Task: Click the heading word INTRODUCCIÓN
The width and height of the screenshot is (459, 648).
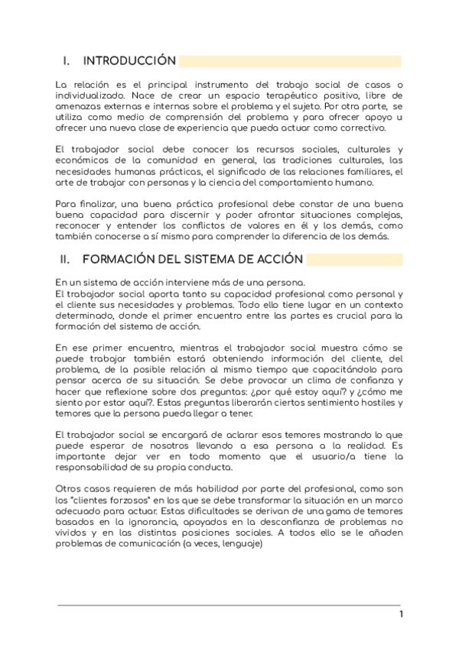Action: (x=129, y=61)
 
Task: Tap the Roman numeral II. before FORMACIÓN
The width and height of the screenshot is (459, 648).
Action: (x=67, y=259)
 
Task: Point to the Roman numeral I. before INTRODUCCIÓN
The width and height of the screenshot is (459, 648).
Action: (x=67, y=61)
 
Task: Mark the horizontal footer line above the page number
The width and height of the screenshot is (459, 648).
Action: (x=229, y=605)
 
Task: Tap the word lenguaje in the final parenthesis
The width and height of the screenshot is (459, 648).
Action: (x=239, y=544)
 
